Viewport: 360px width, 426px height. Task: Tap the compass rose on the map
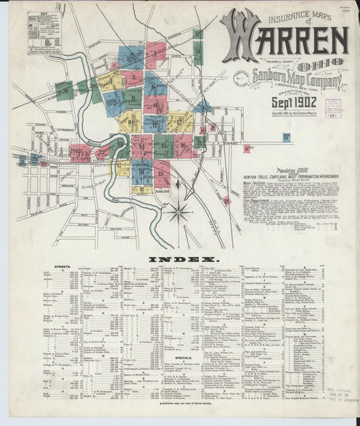(x=180, y=213)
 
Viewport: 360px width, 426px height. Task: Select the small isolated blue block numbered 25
(x=286, y=138)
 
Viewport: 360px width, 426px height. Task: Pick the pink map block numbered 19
(x=163, y=174)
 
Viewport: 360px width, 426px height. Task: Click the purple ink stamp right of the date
(x=332, y=108)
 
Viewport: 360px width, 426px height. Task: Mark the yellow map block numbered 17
(x=122, y=166)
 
